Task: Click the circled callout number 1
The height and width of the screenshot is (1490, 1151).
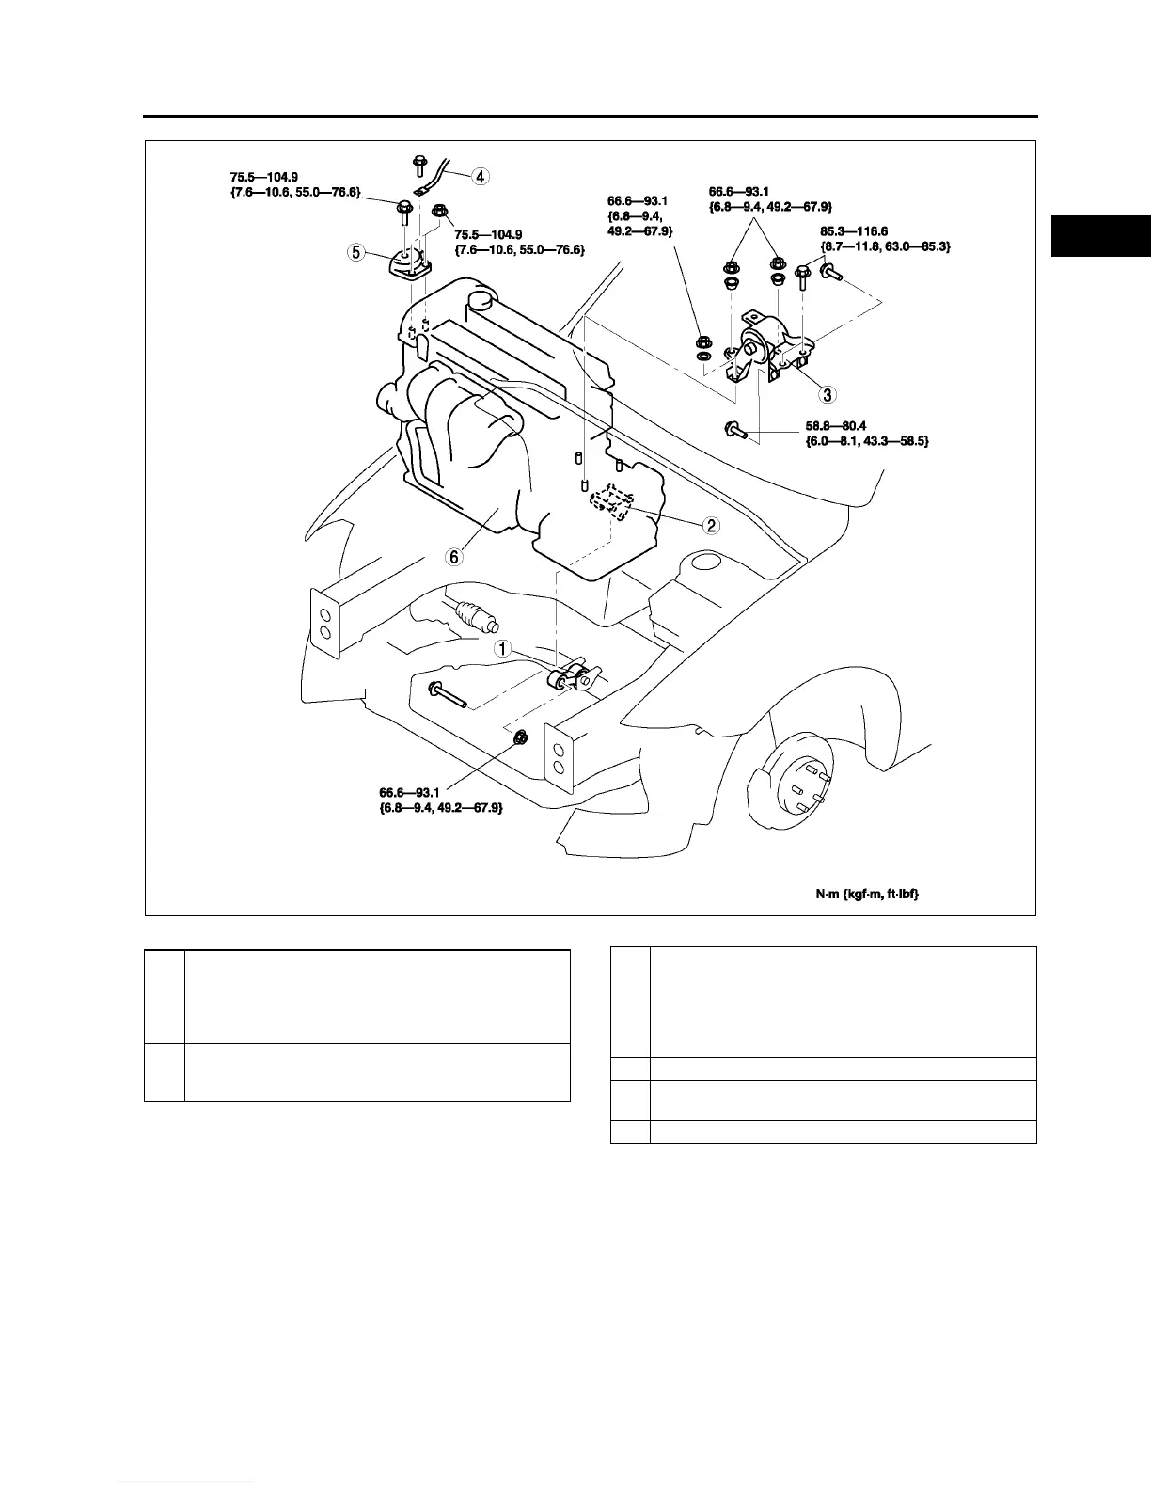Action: pos(503,649)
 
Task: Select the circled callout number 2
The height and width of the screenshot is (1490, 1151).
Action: pos(712,525)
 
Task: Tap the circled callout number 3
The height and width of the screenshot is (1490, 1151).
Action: pos(827,393)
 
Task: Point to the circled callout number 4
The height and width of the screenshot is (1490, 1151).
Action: pos(480,175)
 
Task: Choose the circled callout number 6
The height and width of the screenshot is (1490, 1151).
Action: pos(454,556)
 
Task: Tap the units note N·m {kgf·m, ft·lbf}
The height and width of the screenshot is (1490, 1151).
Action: pos(866,894)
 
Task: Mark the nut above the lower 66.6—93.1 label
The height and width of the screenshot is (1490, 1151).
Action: pos(522,738)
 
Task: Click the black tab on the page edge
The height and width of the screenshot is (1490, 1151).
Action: pos(1100,236)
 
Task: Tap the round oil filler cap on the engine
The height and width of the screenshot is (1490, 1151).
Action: pos(481,301)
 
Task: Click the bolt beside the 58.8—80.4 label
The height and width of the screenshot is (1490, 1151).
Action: pos(735,431)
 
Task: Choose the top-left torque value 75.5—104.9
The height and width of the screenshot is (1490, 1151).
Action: pos(266,176)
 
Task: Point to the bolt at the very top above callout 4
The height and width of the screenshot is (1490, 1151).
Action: pos(418,166)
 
